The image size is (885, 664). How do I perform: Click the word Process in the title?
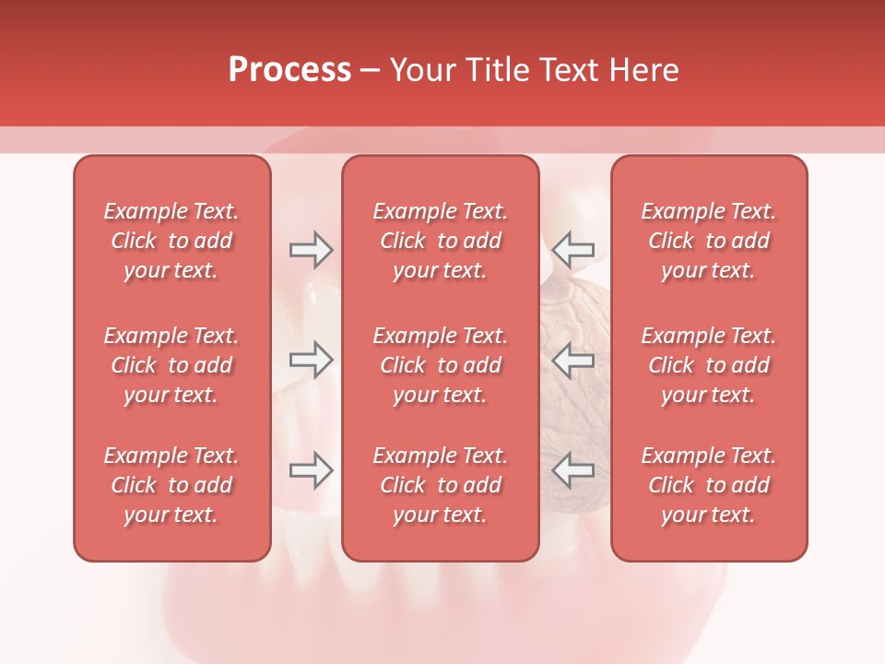pos(289,70)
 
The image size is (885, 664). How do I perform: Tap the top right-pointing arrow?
pos(311,250)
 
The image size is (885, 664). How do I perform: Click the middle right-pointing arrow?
pos(311,360)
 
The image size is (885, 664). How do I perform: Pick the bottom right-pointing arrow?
pos(311,470)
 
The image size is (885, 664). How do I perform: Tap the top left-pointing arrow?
pos(572,250)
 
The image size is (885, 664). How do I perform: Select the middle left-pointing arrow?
pos(572,360)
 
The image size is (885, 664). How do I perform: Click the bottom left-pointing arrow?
pos(572,470)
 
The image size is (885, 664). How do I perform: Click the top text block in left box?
pos(171,241)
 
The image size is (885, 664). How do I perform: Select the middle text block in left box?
pos(171,365)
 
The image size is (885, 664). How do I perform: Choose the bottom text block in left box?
pos(171,485)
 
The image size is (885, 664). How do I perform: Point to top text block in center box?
pos(441,241)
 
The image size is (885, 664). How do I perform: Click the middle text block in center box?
pos(441,365)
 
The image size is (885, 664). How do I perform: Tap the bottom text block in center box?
pos(441,485)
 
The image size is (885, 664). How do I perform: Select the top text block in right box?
pos(709,241)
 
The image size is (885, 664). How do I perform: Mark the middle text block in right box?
pos(709,365)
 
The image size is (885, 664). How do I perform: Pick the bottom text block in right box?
pos(709,485)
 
